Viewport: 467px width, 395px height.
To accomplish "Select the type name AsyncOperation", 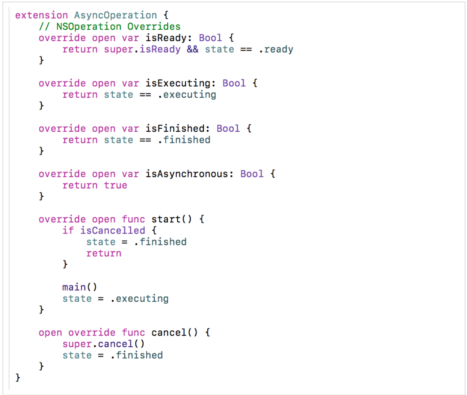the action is tap(115, 15).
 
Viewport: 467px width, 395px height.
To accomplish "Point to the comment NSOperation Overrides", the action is tap(109, 27).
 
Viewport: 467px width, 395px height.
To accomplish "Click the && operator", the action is tap(193, 49).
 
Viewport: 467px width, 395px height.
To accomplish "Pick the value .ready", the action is tap(275, 49).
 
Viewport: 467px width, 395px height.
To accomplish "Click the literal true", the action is tap(115, 185).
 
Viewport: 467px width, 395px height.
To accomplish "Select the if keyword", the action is tap(68, 230).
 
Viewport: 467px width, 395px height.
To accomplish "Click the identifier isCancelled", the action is tap(113, 230).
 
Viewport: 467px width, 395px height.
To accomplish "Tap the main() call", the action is tap(79, 287).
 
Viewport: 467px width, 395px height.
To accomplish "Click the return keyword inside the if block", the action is tap(103, 253).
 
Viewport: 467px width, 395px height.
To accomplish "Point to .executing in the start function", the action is tap(139, 298).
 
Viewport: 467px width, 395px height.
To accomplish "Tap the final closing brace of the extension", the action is tap(17, 378).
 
